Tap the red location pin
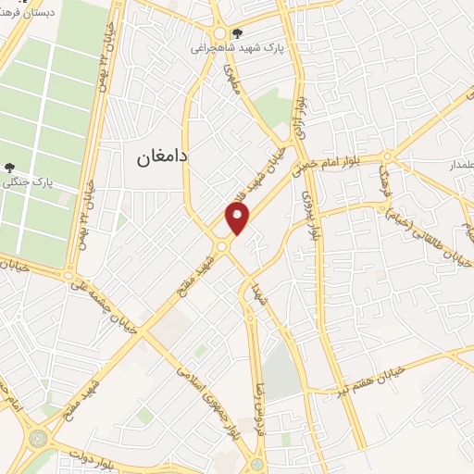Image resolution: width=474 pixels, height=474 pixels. point(238,219)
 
